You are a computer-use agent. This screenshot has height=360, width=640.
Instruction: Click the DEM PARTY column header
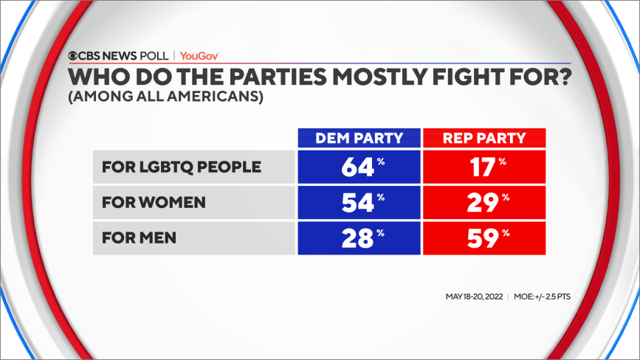359,138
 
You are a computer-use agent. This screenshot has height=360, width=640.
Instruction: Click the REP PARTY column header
484,138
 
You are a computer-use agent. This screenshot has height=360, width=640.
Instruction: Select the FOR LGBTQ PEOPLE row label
182,167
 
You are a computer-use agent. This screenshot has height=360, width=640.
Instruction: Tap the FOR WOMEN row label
153,203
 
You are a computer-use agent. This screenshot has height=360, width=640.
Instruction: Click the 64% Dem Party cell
359,167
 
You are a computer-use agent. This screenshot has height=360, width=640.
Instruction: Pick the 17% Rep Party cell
484,167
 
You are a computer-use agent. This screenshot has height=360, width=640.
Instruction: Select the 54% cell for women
359,203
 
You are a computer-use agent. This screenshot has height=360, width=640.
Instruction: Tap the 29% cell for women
484,203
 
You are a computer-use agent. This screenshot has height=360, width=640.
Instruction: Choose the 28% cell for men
359,238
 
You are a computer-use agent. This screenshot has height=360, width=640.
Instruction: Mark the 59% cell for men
484,238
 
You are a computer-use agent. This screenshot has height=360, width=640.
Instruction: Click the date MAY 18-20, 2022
474,297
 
